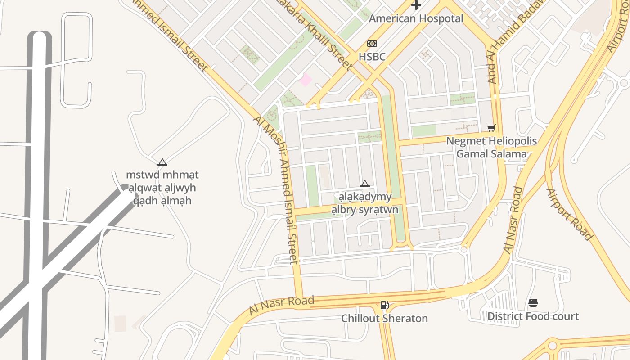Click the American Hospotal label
416,19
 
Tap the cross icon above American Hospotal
416,5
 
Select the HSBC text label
372,57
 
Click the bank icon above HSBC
372,44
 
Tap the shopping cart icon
491,128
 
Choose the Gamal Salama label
491,154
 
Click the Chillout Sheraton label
384,319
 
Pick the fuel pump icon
384,305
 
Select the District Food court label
533,316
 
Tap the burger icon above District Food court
533,303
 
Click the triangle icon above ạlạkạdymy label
365,184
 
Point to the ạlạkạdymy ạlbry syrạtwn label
365,203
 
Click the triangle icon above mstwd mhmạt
162,162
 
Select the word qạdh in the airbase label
145,201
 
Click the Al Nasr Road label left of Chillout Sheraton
281,306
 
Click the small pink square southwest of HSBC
306,80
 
